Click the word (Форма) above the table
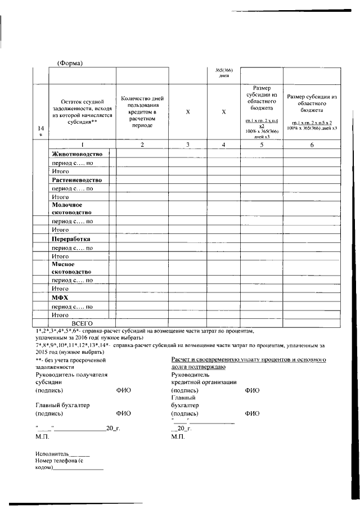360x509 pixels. (70, 63)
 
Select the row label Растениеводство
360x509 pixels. (76, 180)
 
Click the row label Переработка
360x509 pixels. (71, 238)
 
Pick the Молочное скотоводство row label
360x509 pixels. (72, 210)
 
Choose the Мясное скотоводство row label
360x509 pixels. (72, 268)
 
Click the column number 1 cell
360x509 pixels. (82, 145)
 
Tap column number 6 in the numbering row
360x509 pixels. (312, 145)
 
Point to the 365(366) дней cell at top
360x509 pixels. (223, 73)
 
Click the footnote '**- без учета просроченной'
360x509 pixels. (70, 359)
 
